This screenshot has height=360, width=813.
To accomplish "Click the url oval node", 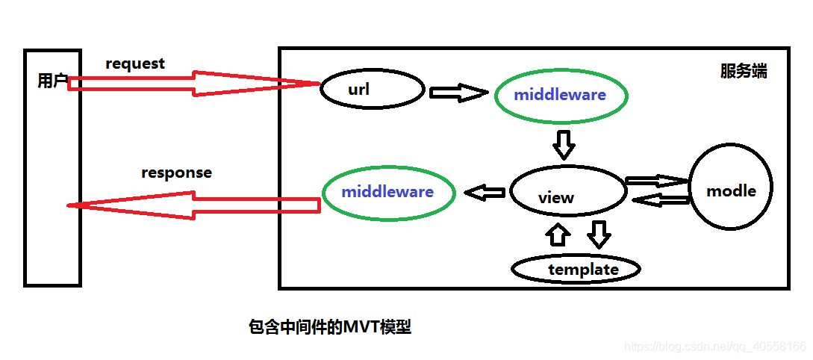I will point(372,90).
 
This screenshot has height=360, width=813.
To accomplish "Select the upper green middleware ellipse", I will point(560,96).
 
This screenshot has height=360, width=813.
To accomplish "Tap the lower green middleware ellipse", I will point(387,192).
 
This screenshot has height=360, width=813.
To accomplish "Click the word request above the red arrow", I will point(135,64).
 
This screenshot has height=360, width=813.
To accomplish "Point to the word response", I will point(176,173).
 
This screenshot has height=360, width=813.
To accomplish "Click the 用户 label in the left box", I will point(52,81).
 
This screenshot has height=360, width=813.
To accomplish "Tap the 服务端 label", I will point(743,72).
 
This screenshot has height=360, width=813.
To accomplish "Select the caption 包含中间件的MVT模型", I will point(329,327).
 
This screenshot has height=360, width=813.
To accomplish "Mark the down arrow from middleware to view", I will point(564,144).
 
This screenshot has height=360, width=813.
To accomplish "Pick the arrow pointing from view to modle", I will point(655,181).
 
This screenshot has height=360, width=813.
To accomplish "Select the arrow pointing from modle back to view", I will point(660,199).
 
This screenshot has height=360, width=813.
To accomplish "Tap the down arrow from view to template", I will point(599,234).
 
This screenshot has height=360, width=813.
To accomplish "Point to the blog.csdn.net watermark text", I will point(714,347).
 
